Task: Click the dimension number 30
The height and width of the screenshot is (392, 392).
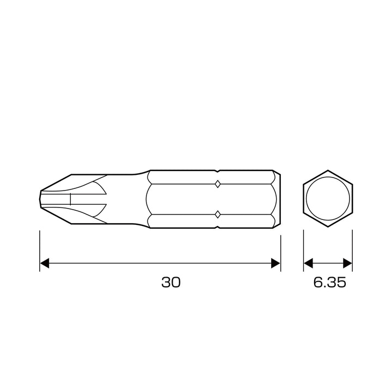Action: [171, 282]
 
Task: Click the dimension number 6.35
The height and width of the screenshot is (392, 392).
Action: [330, 282]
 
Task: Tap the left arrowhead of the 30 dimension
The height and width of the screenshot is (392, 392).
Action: [45, 264]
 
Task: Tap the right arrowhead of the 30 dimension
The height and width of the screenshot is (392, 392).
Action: [275, 264]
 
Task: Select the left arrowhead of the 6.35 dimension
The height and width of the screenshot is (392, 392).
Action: [308, 264]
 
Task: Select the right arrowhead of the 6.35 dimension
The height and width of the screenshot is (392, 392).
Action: [347, 264]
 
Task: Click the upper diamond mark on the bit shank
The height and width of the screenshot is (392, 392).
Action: [218, 184]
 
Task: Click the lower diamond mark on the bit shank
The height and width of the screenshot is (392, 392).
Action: [218, 215]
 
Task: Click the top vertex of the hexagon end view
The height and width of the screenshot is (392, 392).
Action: [328, 170]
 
